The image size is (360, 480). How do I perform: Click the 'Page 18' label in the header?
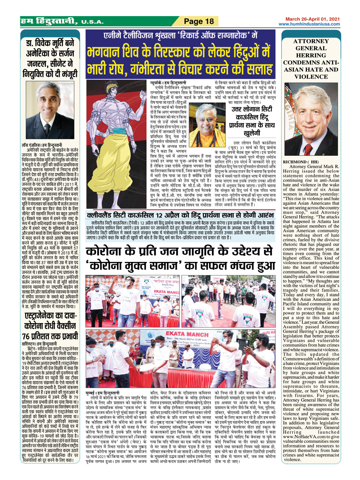[x=199, y=22]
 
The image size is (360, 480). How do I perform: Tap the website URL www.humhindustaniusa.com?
[x=309, y=24]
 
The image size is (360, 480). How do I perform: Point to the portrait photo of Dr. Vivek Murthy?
[x=50, y=110]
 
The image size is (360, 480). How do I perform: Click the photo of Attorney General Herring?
[x=311, y=119]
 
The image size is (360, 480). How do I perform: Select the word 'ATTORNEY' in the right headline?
[x=311, y=41]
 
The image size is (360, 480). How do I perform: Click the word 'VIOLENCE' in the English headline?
[x=311, y=77]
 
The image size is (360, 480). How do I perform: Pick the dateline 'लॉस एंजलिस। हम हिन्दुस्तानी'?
[x=42, y=145]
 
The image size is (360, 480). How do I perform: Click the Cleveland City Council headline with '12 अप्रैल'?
[x=180, y=215]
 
